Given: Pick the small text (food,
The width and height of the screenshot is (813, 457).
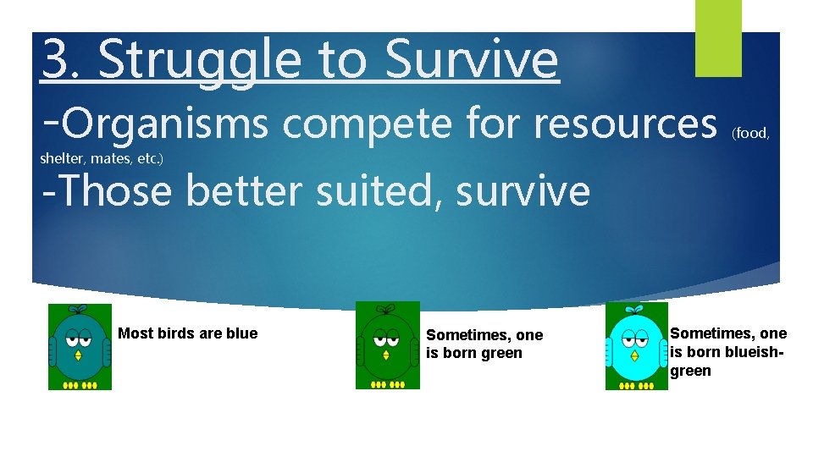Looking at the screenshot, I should click(x=750, y=132).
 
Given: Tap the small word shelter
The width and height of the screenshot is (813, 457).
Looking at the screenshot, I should click(x=60, y=158).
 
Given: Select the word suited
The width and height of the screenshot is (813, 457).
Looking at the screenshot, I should click(x=383, y=190).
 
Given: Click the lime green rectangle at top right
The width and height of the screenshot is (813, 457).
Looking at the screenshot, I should click(x=718, y=37).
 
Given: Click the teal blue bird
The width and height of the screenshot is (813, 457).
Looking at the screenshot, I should click(x=80, y=347).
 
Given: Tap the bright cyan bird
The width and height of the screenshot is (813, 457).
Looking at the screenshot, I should click(x=637, y=347).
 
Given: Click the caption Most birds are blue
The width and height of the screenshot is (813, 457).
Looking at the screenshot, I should click(x=187, y=333).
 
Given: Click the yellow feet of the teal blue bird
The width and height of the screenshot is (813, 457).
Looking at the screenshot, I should click(x=80, y=385).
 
